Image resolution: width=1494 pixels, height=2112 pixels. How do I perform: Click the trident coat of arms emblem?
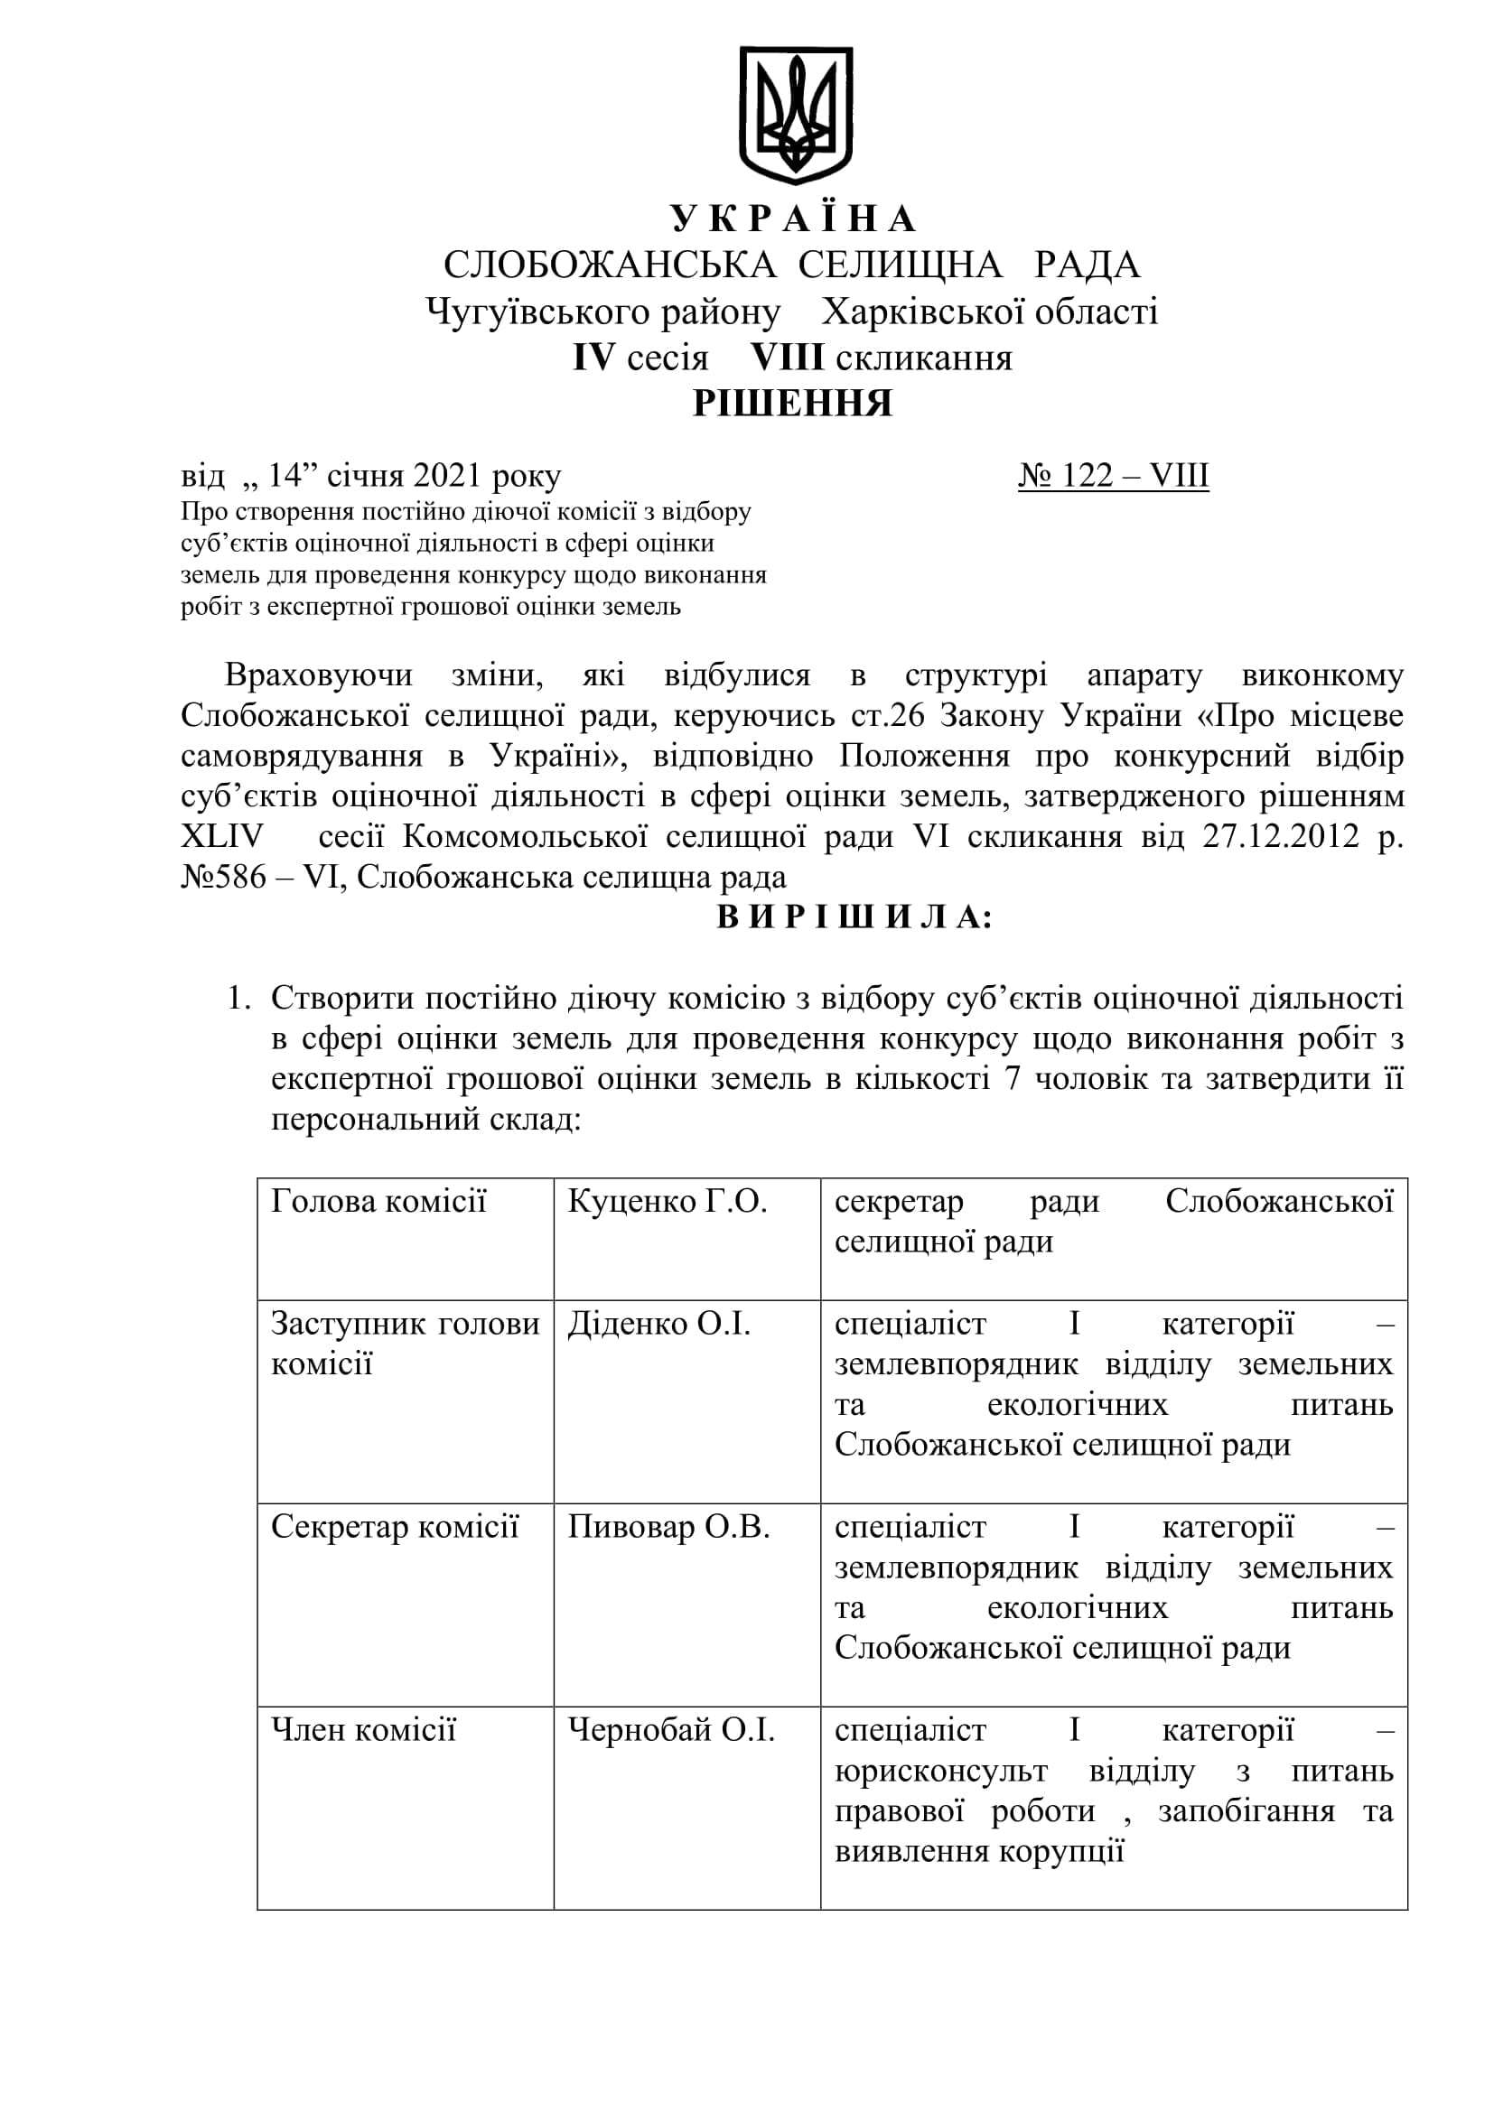[x=795, y=114]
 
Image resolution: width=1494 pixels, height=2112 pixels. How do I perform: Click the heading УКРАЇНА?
[x=793, y=219]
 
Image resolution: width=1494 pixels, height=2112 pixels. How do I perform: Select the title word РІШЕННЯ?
[x=792, y=404]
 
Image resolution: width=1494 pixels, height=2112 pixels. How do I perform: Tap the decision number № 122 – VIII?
[x=1113, y=476]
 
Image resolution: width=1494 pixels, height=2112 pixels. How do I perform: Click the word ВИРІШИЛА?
[x=854, y=917]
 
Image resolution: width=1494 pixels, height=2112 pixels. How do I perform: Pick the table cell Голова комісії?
[x=378, y=1201]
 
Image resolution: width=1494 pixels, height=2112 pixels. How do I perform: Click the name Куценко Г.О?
[x=667, y=1201]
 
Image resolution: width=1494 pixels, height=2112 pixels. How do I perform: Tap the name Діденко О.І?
[x=658, y=1324]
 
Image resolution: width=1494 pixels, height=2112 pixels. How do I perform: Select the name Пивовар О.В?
[x=668, y=1527]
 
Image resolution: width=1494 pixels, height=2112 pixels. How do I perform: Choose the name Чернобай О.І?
[x=670, y=1730]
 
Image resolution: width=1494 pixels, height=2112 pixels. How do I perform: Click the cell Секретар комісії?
[x=395, y=1527]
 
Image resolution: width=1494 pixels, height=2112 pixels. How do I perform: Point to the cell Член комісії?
[x=363, y=1730]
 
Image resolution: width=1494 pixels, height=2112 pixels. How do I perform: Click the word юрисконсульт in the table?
[x=940, y=1771]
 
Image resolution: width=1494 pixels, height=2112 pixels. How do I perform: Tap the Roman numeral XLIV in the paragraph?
[x=222, y=836]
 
